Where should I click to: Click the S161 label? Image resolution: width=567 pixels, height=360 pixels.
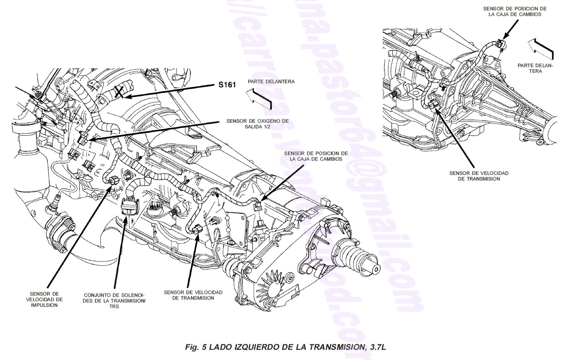[x=227, y=85]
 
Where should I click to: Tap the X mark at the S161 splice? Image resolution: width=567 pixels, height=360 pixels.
[x=119, y=92]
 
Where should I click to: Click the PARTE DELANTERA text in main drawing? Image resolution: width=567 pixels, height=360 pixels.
[x=271, y=81]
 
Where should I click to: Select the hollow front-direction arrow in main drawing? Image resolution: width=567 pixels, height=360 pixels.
[x=259, y=99]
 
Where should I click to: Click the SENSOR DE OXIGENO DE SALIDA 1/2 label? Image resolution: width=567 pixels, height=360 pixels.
[x=258, y=124]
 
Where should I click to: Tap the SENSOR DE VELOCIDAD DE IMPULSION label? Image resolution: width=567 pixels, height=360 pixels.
[x=44, y=299]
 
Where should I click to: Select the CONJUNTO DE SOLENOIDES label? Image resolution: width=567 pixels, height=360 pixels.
[x=114, y=300]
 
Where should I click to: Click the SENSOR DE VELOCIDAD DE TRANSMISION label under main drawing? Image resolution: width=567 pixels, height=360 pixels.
[x=193, y=295]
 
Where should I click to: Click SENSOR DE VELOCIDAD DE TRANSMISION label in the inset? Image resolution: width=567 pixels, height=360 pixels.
[x=479, y=176]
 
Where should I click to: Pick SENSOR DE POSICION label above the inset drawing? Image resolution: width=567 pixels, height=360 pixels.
[x=515, y=11]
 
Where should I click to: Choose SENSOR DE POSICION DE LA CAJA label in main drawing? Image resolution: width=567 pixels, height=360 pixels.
[x=316, y=156]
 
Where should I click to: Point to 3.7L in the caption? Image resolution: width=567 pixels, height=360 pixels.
[x=377, y=347]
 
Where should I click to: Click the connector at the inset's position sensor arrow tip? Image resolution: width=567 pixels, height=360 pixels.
[x=500, y=44]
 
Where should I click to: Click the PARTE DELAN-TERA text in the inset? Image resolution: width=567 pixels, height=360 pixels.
[x=535, y=68]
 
